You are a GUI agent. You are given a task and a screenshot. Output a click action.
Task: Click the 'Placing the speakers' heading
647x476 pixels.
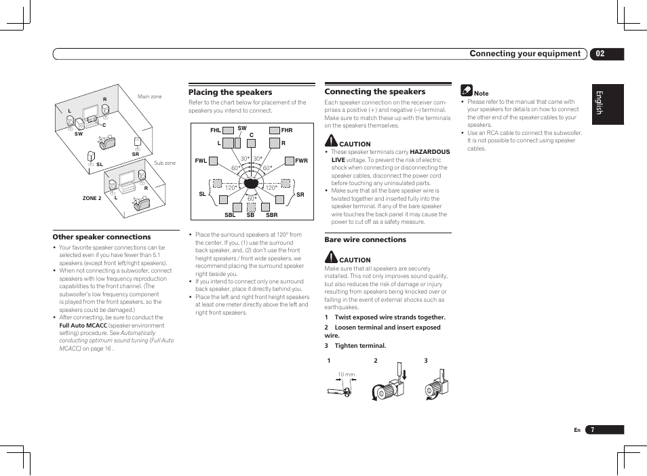230,92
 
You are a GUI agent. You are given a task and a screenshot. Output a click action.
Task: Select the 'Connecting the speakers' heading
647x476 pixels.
374,92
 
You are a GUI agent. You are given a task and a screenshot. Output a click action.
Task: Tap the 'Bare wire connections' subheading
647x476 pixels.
365,239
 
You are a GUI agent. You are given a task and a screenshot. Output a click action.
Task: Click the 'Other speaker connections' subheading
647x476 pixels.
102,237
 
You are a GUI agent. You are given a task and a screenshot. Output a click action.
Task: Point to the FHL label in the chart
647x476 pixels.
216,130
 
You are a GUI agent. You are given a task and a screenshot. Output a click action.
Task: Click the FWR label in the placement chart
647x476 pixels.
301,161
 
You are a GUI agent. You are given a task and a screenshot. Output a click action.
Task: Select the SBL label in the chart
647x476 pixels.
229,215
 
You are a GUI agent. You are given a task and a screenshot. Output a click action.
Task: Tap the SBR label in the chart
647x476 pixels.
271,215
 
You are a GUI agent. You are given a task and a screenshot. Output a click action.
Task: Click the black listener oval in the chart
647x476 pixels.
250,183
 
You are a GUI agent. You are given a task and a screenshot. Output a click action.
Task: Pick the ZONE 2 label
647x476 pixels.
92,198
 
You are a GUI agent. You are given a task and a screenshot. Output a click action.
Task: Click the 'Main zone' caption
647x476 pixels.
150,97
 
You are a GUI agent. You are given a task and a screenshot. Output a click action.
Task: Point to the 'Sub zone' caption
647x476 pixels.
165,163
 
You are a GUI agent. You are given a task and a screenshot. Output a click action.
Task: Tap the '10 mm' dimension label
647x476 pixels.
347,374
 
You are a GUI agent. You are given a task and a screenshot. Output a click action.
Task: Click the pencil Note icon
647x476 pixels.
466,90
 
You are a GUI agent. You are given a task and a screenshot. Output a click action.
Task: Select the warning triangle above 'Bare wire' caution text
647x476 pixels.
330,257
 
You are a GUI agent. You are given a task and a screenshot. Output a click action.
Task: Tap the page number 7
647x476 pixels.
592,430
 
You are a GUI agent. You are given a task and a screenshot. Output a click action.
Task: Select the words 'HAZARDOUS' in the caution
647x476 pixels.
430,152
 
